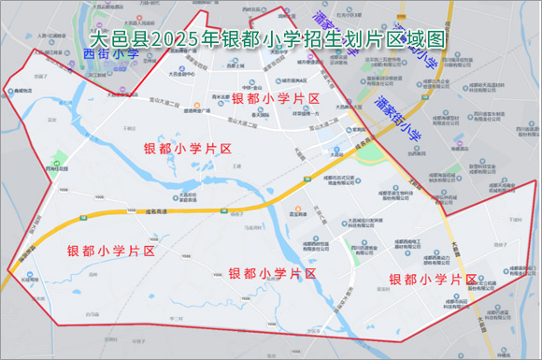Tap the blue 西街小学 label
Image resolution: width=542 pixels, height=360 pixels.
(x=111, y=55)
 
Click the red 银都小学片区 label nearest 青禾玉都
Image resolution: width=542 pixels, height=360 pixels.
(x=276, y=98)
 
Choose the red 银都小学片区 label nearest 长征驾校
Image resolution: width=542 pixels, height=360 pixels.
(x=111, y=252)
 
